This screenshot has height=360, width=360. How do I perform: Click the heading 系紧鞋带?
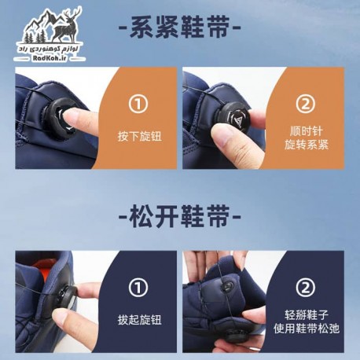(x=180, y=27)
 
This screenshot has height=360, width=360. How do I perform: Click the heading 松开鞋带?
(x=180, y=216)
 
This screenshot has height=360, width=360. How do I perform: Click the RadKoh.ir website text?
(x=49, y=58)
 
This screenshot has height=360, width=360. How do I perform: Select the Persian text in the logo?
(x=50, y=49)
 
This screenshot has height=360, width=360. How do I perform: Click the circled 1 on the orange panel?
(x=138, y=104)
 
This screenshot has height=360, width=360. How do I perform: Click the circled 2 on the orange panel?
(x=306, y=104)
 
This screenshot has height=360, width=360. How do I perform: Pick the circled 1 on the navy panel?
(x=138, y=288)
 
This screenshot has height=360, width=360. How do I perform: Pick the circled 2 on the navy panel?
(x=306, y=288)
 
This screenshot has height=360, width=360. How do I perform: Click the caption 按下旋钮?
(x=140, y=136)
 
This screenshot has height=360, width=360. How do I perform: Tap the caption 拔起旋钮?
(x=140, y=320)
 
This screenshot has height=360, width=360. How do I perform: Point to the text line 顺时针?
(x=307, y=131)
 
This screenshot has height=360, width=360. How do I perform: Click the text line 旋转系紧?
(x=307, y=145)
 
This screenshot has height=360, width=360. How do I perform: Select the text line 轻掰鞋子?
(x=307, y=314)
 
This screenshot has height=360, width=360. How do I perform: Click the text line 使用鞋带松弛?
(x=307, y=329)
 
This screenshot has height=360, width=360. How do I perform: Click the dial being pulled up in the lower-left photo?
(x=66, y=302)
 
